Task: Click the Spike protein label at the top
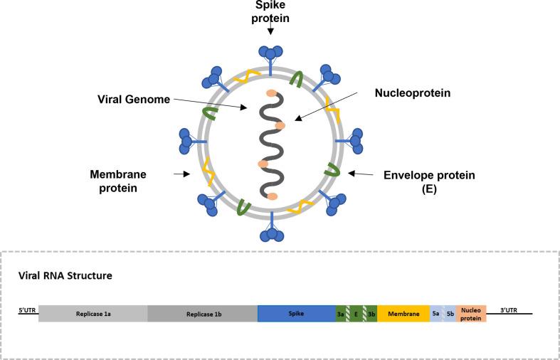tap(270, 12)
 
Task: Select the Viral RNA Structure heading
tap(65, 275)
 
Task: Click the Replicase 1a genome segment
tap(93, 314)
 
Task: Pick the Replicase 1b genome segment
tap(202, 314)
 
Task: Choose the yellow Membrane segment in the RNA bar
tap(403, 314)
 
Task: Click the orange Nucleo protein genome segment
tap(471, 314)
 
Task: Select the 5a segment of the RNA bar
tap(435, 314)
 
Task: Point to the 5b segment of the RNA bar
tap(450, 314)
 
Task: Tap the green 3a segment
tap(340, 314)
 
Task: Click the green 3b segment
tap(371, 314)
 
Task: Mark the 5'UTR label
tap(27, 310)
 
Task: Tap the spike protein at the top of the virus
tap(270, 55)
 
